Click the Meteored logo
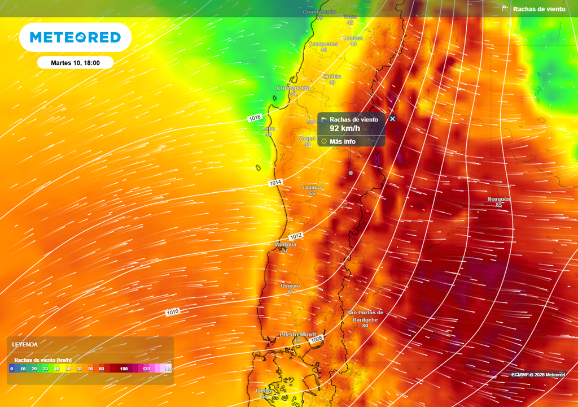(x=75, y=37)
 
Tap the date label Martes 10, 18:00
(x=75, y=63)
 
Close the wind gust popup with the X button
(x=393, y=119)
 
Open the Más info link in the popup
(x=342, y=141)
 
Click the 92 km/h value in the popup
(x=344, y=129)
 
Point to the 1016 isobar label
(x=255, y=118)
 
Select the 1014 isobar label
(x=275, y=183)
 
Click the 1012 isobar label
(x=296, y=235)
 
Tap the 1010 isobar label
(x=173, y=312)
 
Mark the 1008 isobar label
(x=317, y=338)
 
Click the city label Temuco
(x=312, y=187)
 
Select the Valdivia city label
(x=285, y=244)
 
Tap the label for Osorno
(x=290, y=286)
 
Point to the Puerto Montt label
(x=298, y=334)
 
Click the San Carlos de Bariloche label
(x=365, y=316)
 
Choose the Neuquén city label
(x=499, y=199)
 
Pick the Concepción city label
(x=294, y=88)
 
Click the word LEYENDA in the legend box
(x=25, y=344)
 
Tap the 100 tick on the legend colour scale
(x=124, y=369)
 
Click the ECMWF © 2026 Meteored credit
(x=538, y=375)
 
